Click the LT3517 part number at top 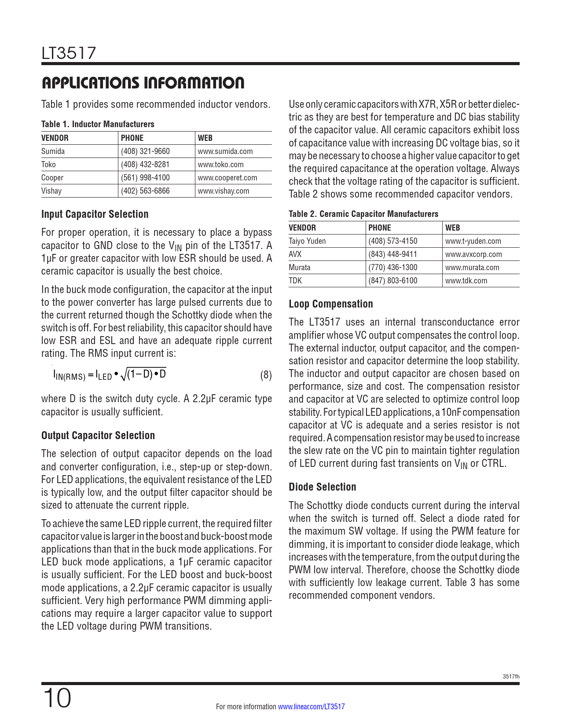pyautogui.click(x=69, y=53)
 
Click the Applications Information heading pyautogui.click(x=143, y=83)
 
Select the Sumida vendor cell pyautogui.click(x=53, y=151)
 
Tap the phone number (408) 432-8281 pyautogui.click(x=145, y=165)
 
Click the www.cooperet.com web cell pyautogui.click(x=227, y=178)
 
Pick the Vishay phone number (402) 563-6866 pyautogui.click(x=145, y=191)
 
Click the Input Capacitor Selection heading pyautogui.click(x=95, y=214)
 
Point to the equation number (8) pyautogui.click(x=266, y=375)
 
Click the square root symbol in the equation pyautogui.click(x=124, y=375)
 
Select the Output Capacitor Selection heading pyautogui.click(x=98, y=436)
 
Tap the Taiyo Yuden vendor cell pyautogui.click(x=307, y=241)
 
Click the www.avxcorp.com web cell pyautogui.click(x=473, y=254)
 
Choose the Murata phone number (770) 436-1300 pyautogui.click(x=393, y=268)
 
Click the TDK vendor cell pyautogui.click(x=295, y=281)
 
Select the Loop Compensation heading pyautogui.click(x=331, y=304)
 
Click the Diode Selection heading pyautogui.click(x=323, y=487)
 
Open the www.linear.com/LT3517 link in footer pyautogui.click(x=312, y=707)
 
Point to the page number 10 pyautogui.click(x=57, y=699)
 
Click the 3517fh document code pyautogui.click(x=511, y=676)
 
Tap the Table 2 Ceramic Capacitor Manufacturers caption pyautogui.click(x=363, y=214)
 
